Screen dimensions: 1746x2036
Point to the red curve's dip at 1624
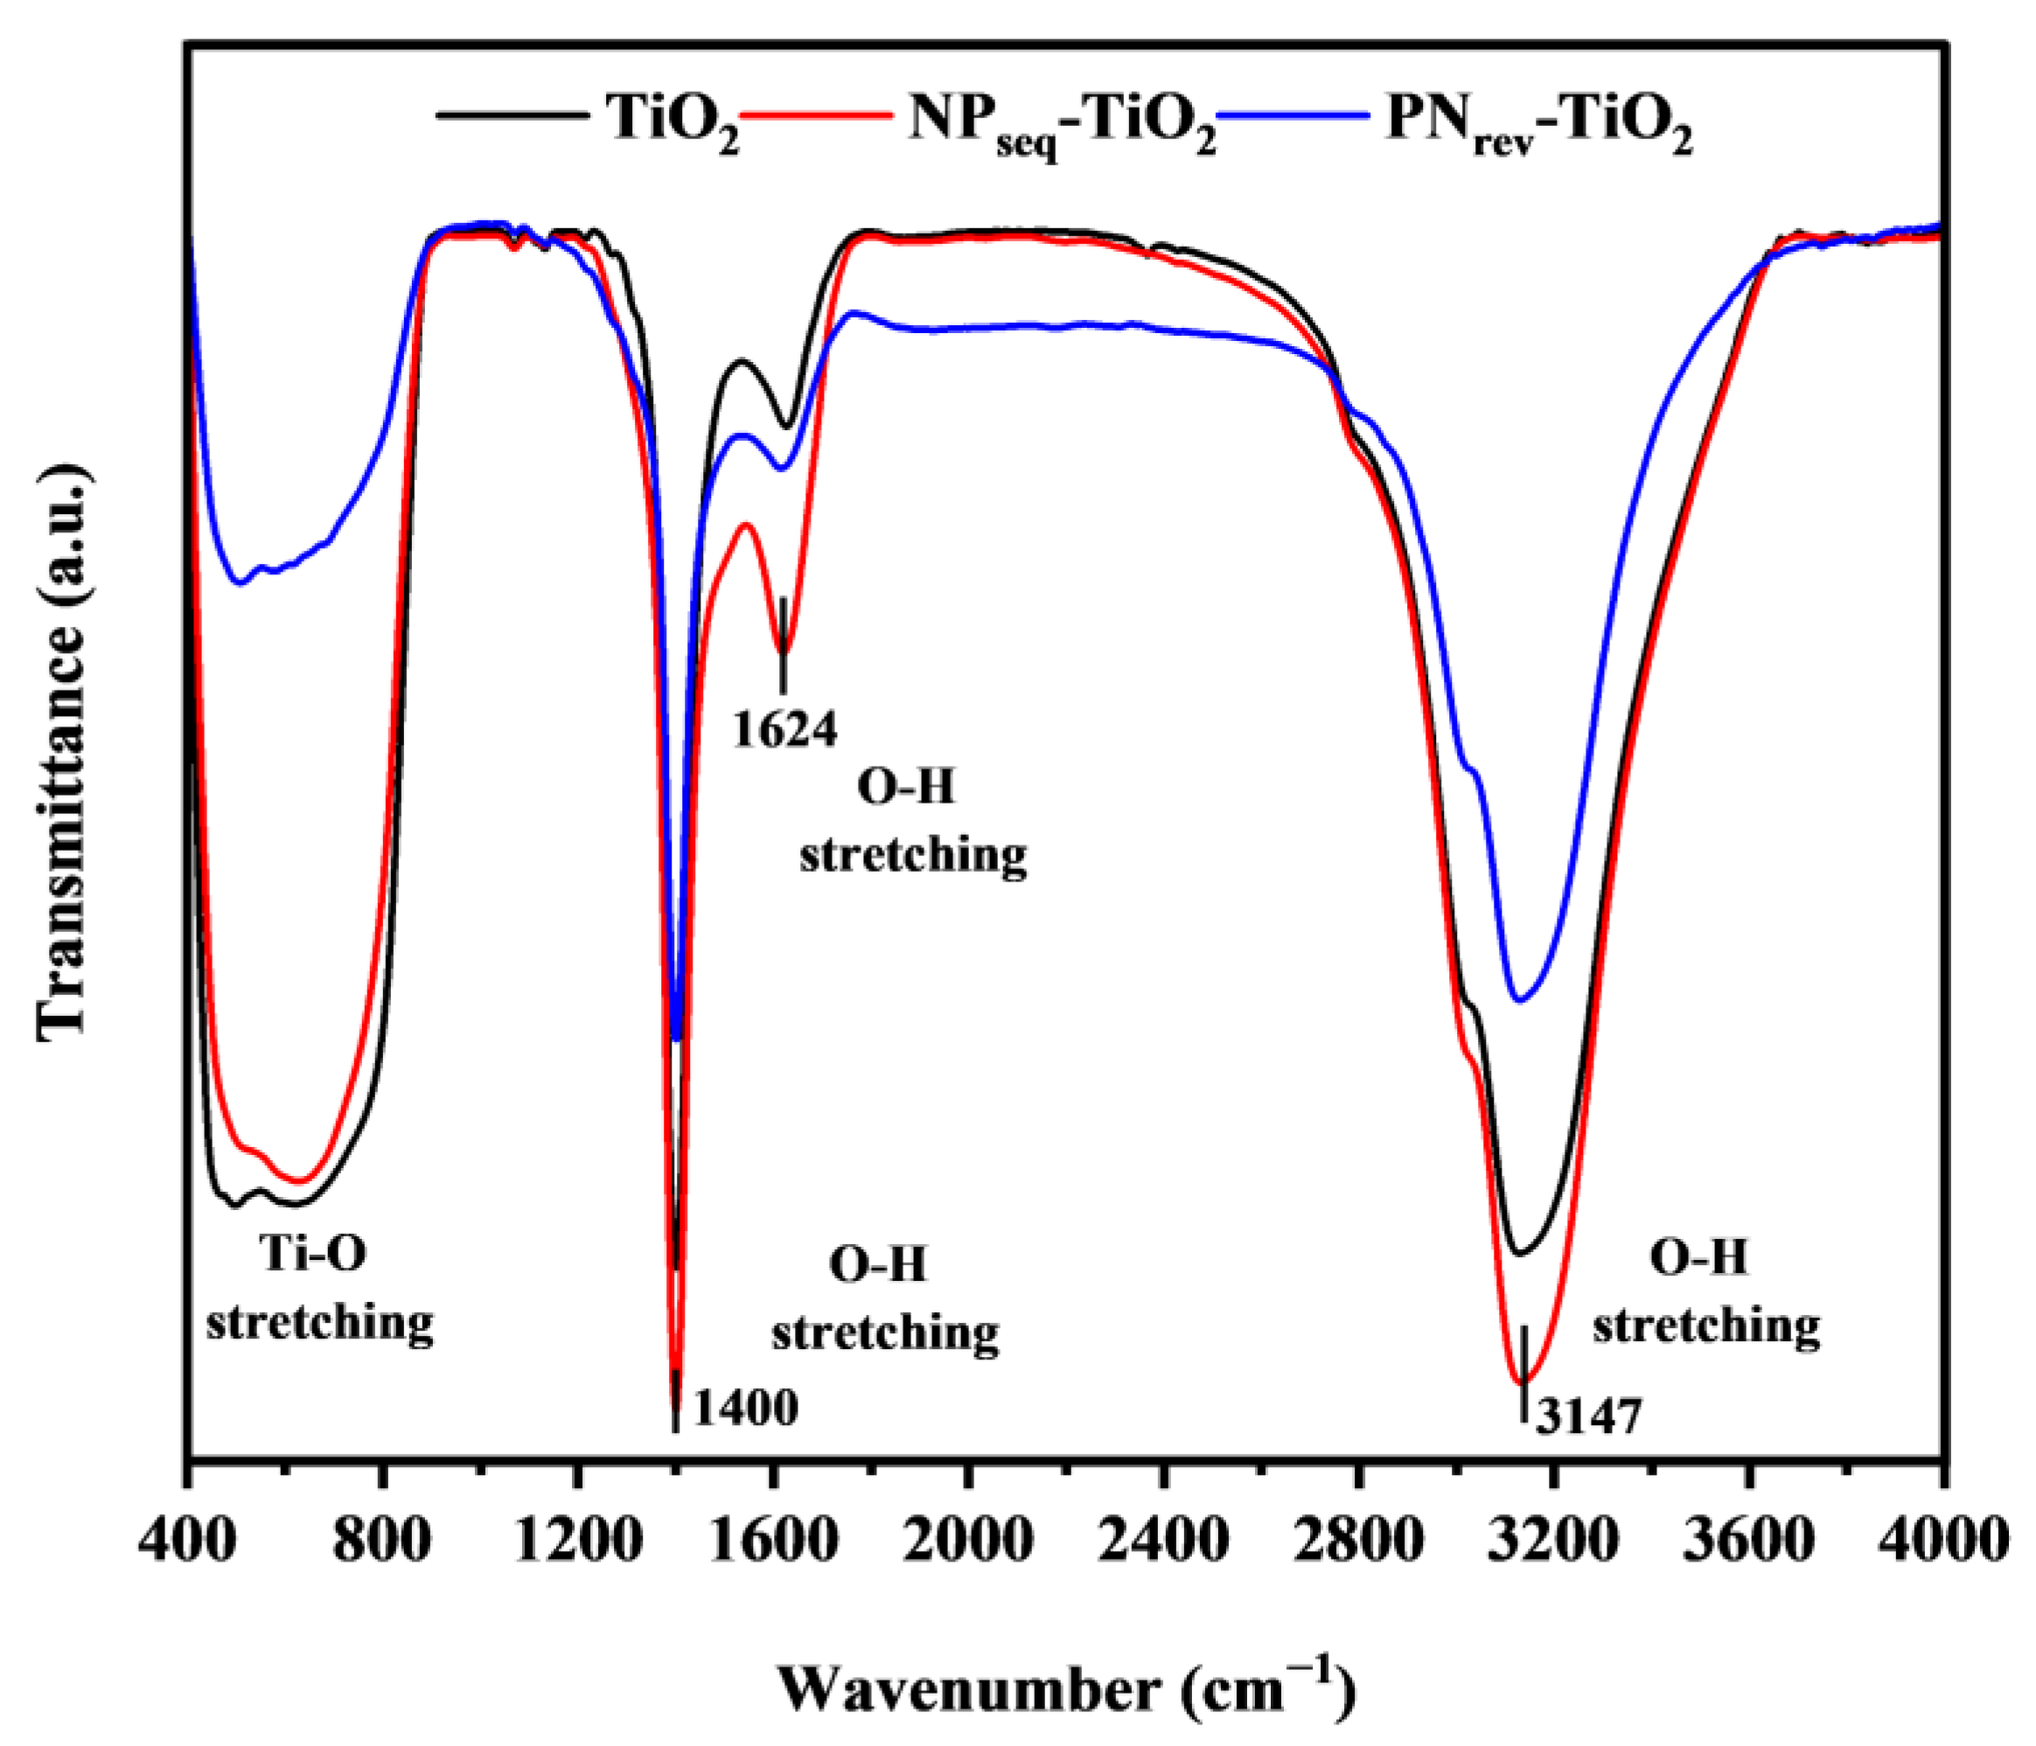point(783,650)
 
